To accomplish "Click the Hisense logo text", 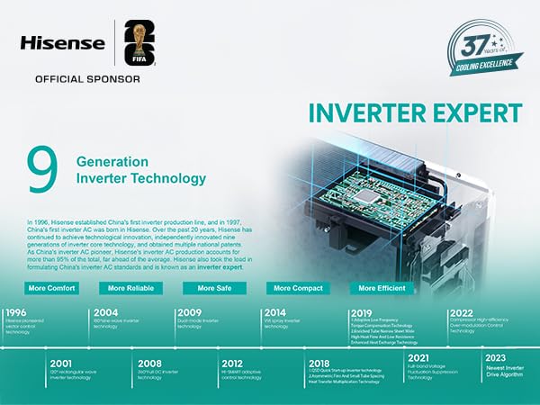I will [64, 43].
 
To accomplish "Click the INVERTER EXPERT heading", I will [414, 114].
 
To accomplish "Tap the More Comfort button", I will [51, 288].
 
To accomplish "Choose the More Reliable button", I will [129, 288].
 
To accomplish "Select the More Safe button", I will [214, 288].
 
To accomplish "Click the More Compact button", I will [295, 288].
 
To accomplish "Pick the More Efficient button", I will [381, 288].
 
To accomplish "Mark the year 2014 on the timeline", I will [275, 313].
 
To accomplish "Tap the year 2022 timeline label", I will [461, 313].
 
